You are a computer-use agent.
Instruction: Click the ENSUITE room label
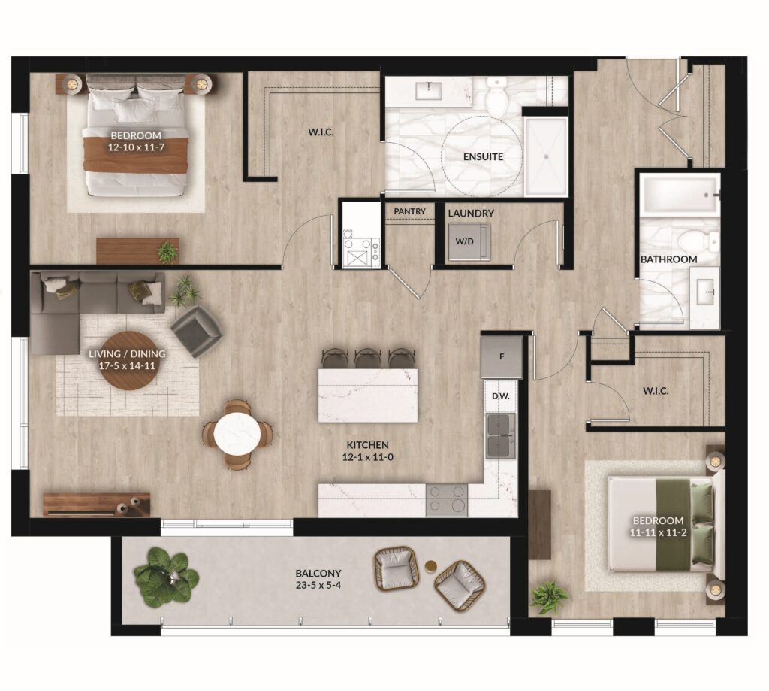483,156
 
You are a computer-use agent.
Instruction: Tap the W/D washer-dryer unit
469,241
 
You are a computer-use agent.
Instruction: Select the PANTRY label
409,211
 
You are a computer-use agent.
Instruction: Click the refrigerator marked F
501,357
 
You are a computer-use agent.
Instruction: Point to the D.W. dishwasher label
501,396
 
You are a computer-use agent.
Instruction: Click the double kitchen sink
501,435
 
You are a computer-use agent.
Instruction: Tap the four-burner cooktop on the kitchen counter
446,500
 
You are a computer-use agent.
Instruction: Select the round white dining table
237,434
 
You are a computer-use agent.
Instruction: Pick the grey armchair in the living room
196,331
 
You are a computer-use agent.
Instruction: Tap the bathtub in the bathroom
679,195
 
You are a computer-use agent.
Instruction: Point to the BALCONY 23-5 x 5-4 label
318,579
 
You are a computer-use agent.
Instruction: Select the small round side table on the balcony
430,567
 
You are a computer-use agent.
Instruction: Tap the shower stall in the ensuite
546,156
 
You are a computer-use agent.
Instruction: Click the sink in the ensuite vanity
429,90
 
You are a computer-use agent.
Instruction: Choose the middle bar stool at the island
367,359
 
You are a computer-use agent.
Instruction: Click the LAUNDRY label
470,213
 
